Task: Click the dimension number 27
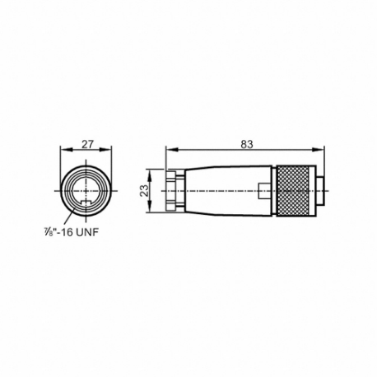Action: pos(88,143)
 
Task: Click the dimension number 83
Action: pos(246,143)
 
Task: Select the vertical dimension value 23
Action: pos(144,190)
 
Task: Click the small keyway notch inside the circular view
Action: pos(88,201)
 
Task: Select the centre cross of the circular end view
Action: pos(88,190)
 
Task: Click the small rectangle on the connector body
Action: pos(261,190)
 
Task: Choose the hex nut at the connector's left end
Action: pos(173,190)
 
